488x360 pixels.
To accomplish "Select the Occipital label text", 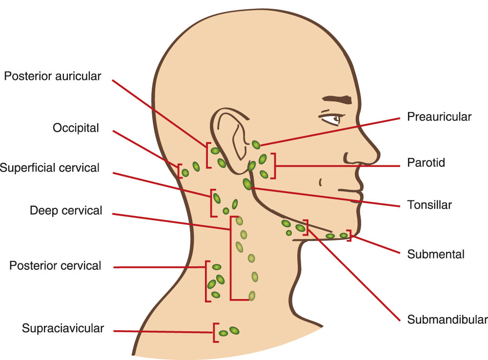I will point(76,128).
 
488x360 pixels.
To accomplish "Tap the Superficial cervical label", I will point(49,168).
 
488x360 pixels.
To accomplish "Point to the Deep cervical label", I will point(66,211).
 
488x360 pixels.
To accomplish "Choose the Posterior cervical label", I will point(55,266).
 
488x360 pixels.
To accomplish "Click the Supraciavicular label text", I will point(63,328).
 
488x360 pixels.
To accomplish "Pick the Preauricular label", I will point(439,117).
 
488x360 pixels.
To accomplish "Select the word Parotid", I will point(426,162).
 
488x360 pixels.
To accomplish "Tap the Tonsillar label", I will point(429,205).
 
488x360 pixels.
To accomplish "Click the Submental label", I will point(435,254).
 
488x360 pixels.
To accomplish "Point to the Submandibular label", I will point(447,320).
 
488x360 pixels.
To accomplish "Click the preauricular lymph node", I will point(256,144).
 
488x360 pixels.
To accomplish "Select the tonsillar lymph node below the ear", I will point(247,184).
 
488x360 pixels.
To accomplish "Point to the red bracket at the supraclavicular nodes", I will point(215,332).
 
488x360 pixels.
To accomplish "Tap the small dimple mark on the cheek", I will point(321,182).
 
